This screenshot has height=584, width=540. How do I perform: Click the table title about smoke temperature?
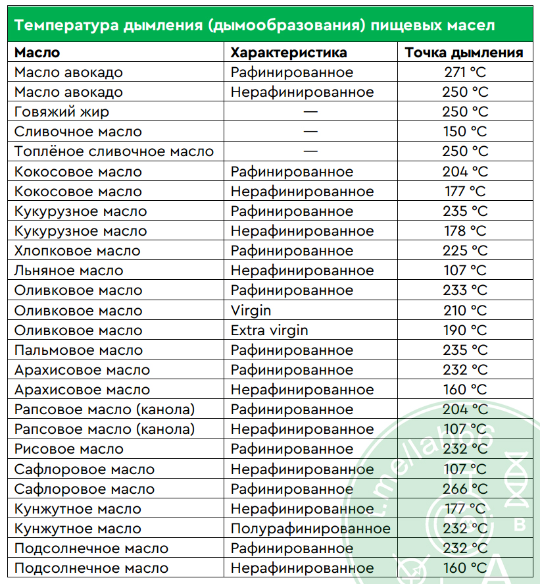click(x=255, y=26)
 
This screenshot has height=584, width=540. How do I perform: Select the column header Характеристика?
click(x=289, y=53)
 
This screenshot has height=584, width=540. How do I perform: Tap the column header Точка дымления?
click(x=464, y=53)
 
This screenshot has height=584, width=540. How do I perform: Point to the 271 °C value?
click(x=465, y=72)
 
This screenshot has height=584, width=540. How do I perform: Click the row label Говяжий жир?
click(x=62, y=112)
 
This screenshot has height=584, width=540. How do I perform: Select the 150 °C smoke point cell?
click(x=465, y=132)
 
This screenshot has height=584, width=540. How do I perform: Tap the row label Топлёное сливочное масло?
click(x=114, y=151)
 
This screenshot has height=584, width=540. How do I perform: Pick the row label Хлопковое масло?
click(x=77, y=251)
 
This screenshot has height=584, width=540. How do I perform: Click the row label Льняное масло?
click(x=69, y=271)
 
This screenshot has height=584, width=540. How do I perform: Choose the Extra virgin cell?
click(x=269, y=330)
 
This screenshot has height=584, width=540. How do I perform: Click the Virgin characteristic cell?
click(x=251, y=310)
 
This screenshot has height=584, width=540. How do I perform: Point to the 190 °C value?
click(x=465, y=330)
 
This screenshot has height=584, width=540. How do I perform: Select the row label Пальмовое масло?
click(x=78, y=350)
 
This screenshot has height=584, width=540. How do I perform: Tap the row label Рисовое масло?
click(x=68, y=449)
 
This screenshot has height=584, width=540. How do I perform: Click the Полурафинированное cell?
click(x=310, y=529)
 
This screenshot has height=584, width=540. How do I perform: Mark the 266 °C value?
click(x=465, y=489)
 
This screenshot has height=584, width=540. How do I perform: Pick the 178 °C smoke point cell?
click(x=465, y=231)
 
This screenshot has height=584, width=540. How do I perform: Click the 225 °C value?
click(x=465, y=251)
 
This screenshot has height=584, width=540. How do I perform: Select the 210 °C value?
click(x=465, y=310)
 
